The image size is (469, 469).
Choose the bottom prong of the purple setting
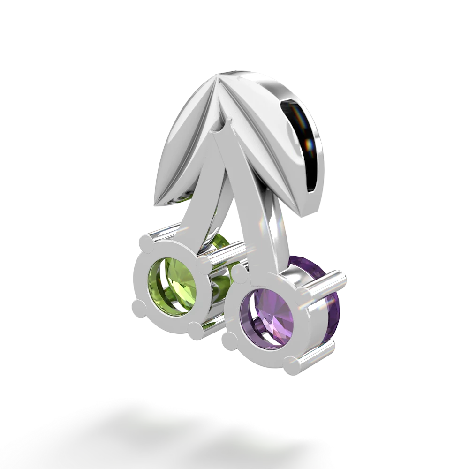[x=286, y=364]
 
